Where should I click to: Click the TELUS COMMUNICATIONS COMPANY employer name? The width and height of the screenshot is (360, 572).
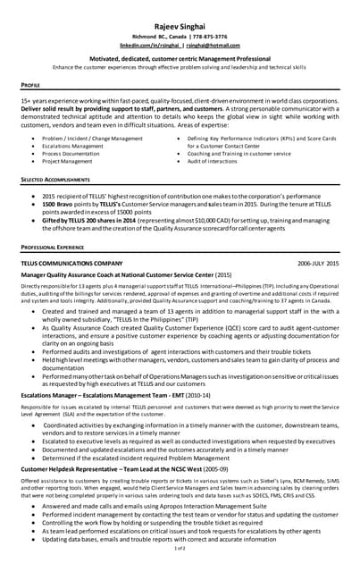71,265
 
